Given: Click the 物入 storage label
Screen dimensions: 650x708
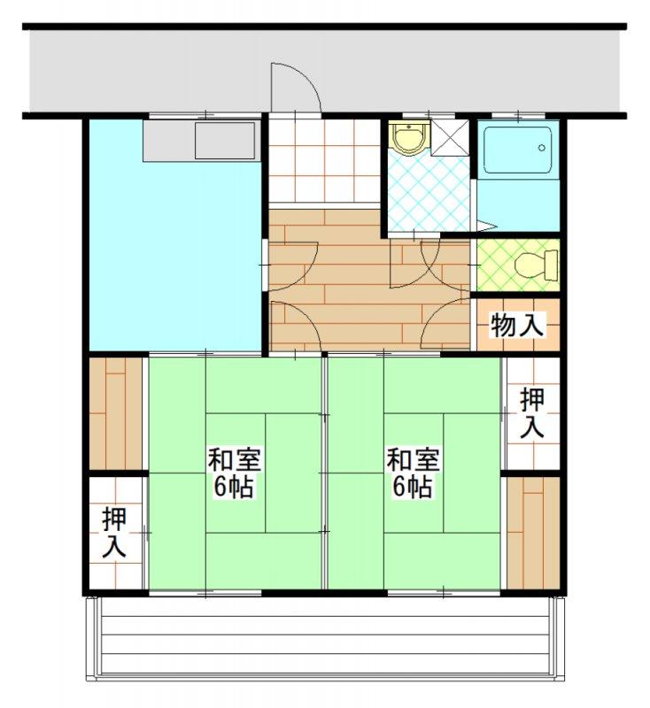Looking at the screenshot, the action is coord(517,324).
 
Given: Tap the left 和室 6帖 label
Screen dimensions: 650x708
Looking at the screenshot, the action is coord(234,473).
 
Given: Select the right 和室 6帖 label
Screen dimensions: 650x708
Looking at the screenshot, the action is coord(413,473).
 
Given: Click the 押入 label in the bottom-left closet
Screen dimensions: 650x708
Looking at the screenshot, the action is coord(114,533).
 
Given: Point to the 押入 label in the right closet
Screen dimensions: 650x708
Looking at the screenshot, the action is coord(532,412).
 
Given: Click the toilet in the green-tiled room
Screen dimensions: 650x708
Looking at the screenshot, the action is coord(536,265).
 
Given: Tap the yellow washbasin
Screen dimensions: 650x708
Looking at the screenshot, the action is coord(410,138).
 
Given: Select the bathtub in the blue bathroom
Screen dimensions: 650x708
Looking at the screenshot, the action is coord(517,150).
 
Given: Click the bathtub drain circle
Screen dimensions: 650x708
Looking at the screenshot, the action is coord(542,148).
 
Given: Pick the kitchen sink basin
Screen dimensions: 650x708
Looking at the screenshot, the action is coord(225,140).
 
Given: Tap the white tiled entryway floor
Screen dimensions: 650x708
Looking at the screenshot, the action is coord(324,161).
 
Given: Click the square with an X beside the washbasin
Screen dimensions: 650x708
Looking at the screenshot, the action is coord(450,138).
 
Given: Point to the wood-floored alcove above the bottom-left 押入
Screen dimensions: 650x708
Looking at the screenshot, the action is coord(116,413).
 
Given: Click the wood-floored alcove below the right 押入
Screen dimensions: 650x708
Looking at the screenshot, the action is coord(533,533).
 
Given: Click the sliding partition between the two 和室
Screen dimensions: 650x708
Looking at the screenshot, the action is coord(324,473).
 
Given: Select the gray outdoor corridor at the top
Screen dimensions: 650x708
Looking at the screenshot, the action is coord(324,70).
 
